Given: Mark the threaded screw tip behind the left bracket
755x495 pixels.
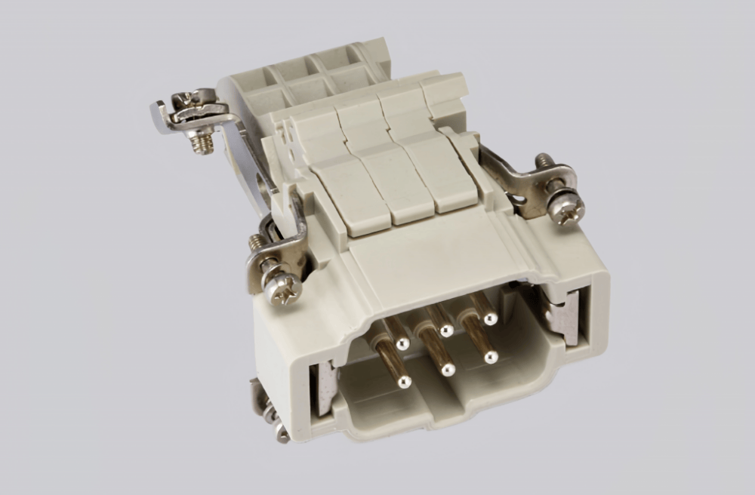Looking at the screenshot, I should coord(257,242).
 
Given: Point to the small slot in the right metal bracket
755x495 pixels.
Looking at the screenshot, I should coord(520,201).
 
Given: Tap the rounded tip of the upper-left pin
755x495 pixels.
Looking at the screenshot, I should coord(402,344).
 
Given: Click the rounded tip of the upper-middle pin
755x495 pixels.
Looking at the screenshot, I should coord(447,331).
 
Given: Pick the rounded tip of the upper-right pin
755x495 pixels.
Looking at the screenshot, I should coord(489,320).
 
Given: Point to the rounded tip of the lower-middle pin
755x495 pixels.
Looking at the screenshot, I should coord(448,370).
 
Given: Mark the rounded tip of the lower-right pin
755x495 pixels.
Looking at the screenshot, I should coord(492,357).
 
